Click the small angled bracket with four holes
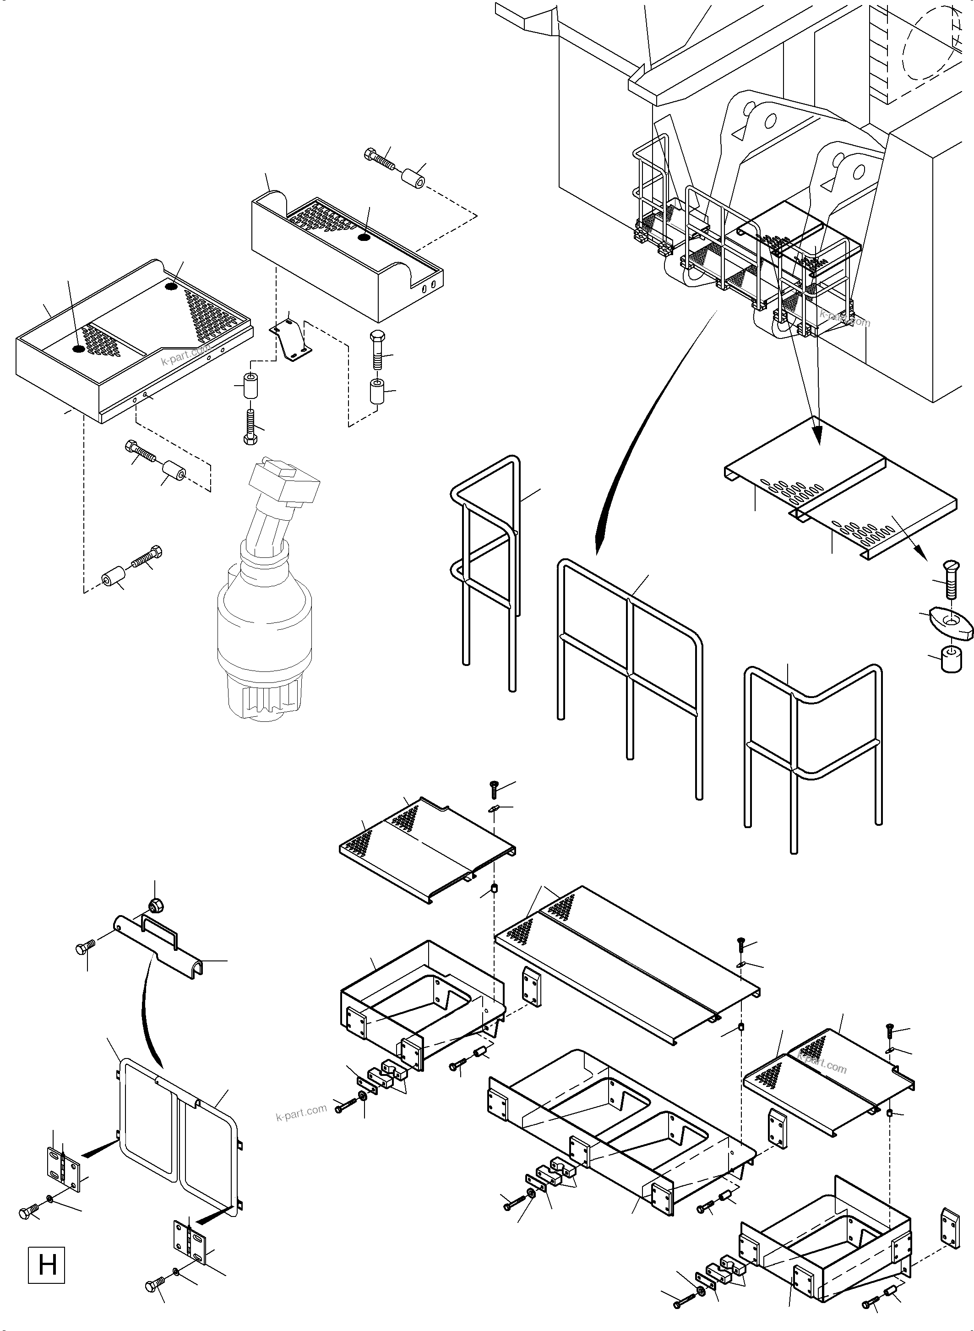coord(291,341)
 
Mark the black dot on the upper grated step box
coord(364,237)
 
